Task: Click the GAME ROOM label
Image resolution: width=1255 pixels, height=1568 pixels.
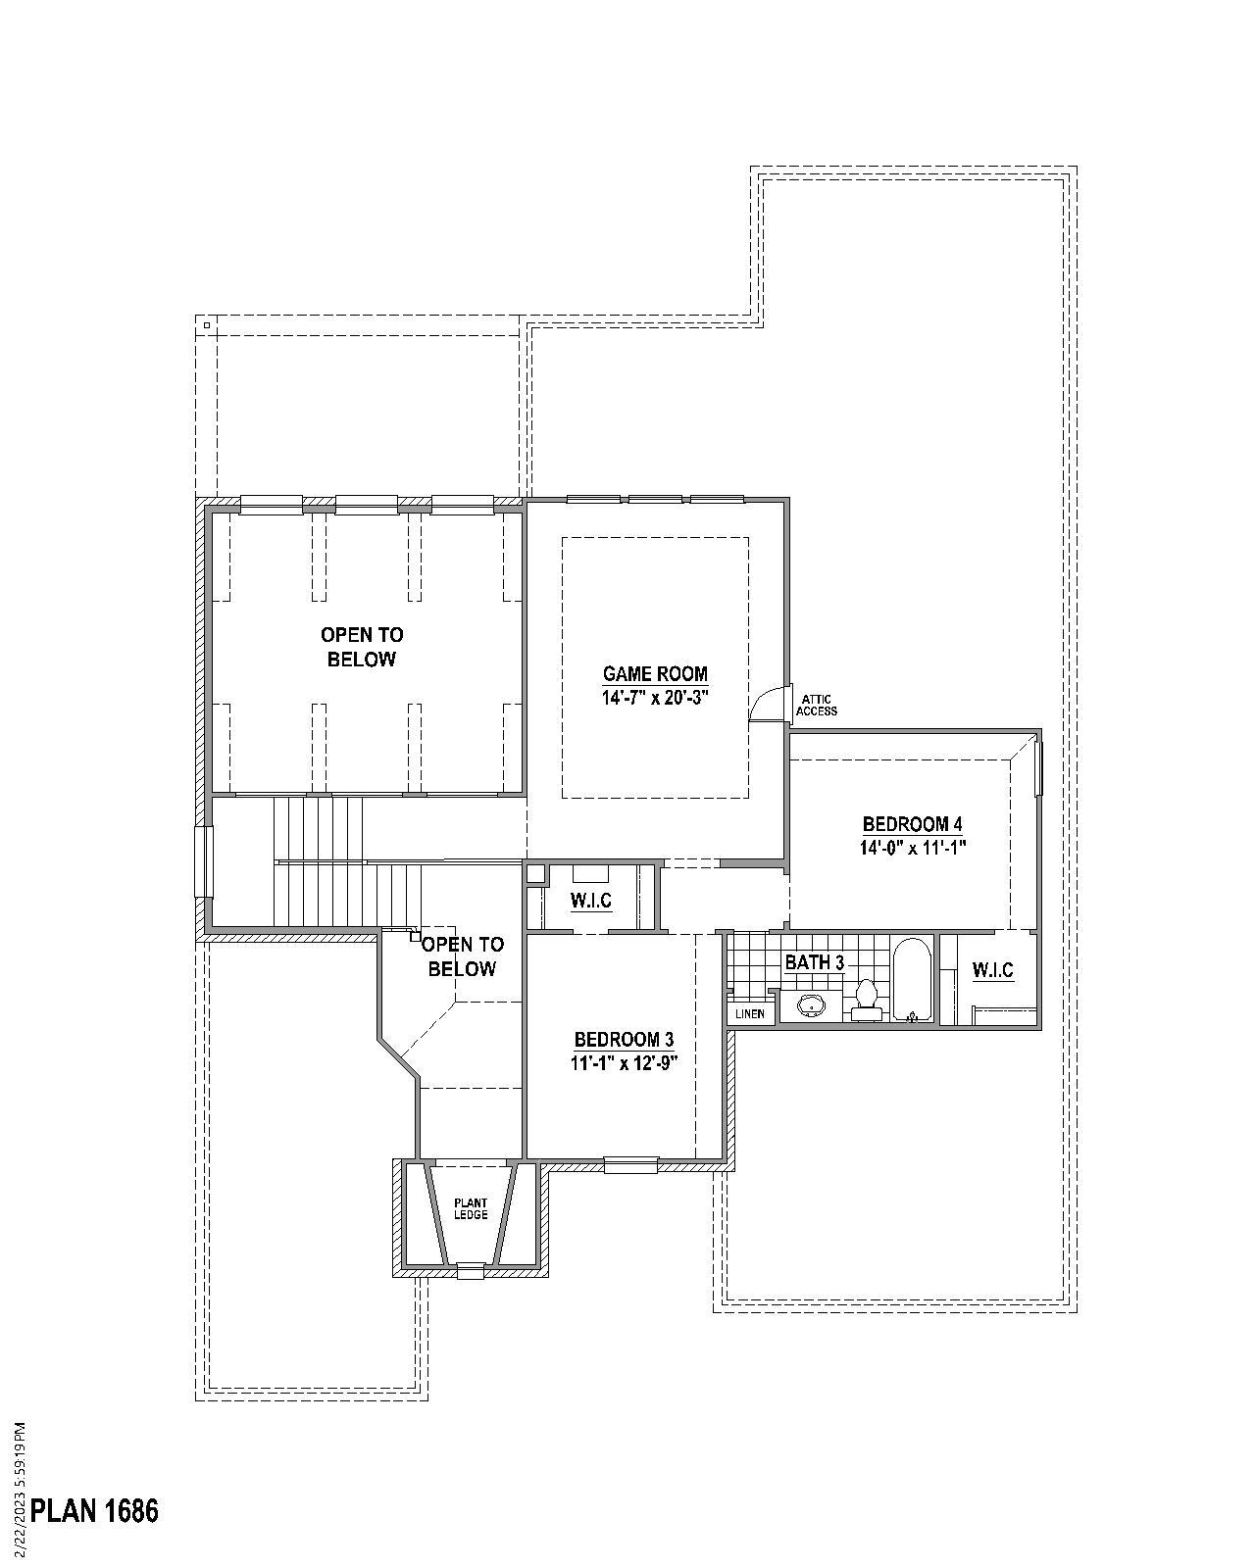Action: click(x=655, y=674)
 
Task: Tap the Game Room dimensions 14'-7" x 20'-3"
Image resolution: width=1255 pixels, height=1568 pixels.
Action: click(x=655, y=698)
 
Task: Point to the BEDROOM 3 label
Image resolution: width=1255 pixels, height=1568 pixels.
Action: click(x=624, y=1039)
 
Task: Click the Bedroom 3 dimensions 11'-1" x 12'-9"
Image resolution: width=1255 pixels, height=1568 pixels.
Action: click(x=625, y=1062)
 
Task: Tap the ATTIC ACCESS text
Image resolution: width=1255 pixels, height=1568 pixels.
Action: click(x=816, y=705)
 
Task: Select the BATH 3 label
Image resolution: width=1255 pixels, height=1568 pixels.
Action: click(x=814, y=962)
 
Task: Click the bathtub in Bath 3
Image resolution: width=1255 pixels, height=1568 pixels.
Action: click(x=912, y=980)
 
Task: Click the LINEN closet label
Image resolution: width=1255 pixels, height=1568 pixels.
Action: click(x=750, y=1013)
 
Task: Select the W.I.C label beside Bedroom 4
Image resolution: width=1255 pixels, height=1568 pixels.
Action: click(x=992, y=970)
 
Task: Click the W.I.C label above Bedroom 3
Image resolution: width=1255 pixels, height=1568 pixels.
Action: click(x=591, y=901)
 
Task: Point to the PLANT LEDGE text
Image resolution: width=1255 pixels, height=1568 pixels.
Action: click(x=471, y=1208)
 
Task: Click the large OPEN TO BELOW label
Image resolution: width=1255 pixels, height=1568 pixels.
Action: click(x=362, y=647)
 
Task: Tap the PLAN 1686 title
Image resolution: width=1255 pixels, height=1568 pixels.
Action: click(x=94, y=1510)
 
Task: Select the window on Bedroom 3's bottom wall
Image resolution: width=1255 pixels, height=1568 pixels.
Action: click(x=629, y=1165)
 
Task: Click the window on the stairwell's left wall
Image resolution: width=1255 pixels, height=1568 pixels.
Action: click(x=204, y=861)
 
